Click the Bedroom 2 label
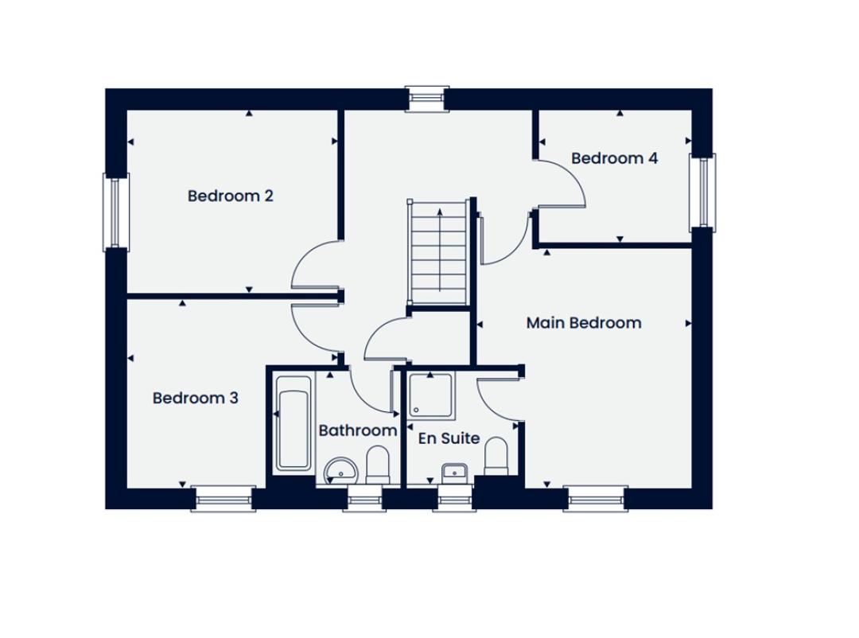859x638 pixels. point(230,196)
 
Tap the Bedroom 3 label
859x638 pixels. point(195,398)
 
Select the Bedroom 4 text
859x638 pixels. point(614,158)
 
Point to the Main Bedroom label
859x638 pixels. point(584,323)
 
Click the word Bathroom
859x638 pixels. point(358,430)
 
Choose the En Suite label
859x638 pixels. point(449,438)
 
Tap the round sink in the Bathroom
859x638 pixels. point(340,471)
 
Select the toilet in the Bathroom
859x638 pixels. point(377,465)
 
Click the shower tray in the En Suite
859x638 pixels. point(431,395)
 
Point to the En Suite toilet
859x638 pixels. point(496,456)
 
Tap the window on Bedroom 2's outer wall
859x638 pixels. point(115,212)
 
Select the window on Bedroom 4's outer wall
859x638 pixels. point(702,193)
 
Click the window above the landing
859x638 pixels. point(427,99)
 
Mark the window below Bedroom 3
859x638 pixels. point(223,498)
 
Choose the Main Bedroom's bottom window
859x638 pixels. point(596,498)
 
